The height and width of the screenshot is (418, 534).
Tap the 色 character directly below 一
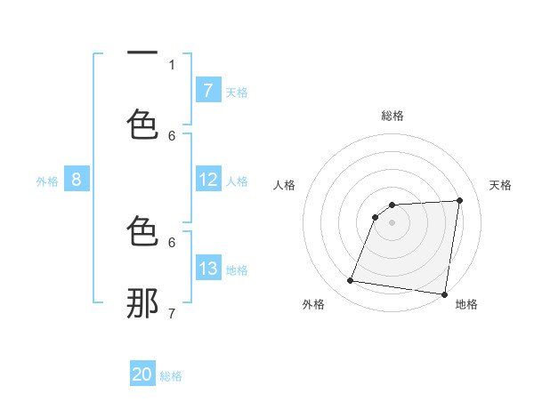click(142, 124)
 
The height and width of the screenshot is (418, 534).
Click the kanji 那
click(142, 302)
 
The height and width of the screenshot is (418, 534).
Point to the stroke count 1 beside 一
click(172, 64)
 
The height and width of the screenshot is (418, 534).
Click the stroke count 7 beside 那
click(172, 313)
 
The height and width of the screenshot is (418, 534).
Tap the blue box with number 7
click(207, 91)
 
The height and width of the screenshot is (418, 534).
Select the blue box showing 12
click(207, 180)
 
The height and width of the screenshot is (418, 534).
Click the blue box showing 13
click(207, 269)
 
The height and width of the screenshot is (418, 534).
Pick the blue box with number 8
click(76, 180)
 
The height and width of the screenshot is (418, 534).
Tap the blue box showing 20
click(142, 374)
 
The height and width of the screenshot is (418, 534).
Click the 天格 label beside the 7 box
click(237, 92)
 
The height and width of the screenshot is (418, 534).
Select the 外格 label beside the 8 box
click(47, 181)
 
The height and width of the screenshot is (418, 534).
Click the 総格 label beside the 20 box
click(171, 375)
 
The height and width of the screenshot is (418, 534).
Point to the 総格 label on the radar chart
click(392, 116)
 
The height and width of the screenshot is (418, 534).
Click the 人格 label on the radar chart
click(284, 185)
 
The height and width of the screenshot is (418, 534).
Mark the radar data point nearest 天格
click(459, 200)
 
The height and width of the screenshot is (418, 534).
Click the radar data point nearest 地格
click(443, 294)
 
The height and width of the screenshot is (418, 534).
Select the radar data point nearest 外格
click(350, 281)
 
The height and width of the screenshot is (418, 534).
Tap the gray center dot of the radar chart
click(392, 222)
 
